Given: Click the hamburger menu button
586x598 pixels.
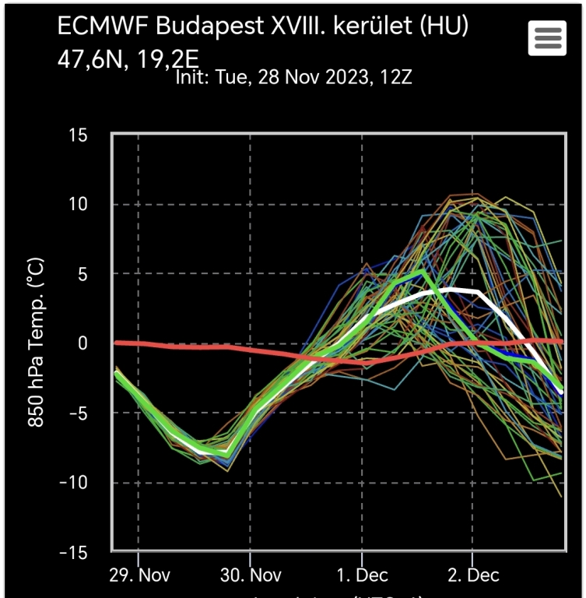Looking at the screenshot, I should [x=547, y=37].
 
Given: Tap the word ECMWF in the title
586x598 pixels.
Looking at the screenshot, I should [x=104, y=26].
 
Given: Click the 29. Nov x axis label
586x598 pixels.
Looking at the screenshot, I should [x=139, y=577].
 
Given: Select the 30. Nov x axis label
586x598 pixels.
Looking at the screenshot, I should [x=250, y=577].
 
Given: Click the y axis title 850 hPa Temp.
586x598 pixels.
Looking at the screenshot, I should [x=36, y=343].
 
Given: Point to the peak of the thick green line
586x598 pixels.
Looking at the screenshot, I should [x=422, y=272].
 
